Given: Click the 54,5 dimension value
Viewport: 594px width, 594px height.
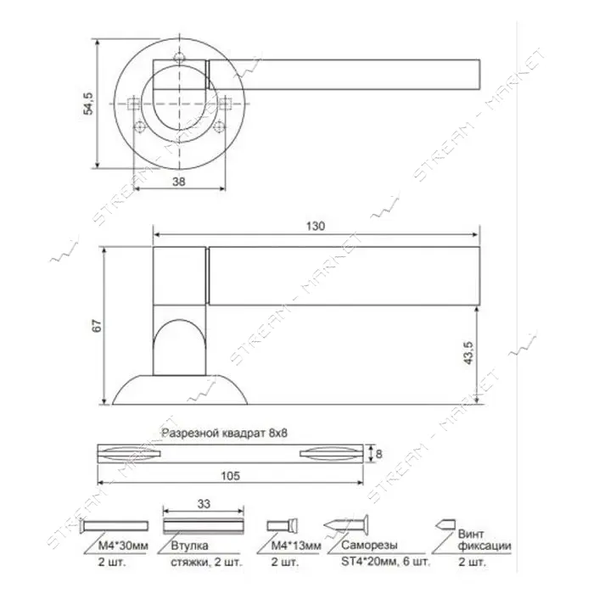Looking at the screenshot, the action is click(88, 104).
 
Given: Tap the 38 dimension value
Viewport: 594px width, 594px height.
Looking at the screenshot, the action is click(179, 182).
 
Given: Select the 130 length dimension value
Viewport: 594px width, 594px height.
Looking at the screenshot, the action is click(315, 227).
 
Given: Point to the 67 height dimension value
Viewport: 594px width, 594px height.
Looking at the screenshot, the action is click(97, 326).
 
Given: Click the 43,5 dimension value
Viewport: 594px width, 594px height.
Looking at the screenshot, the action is click(468, 353).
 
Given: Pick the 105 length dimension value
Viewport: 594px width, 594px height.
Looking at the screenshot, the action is click(230, 475).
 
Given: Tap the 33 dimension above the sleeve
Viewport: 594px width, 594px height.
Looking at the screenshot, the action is click(204, 504).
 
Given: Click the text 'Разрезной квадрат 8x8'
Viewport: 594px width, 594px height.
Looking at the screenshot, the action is click(224, 433).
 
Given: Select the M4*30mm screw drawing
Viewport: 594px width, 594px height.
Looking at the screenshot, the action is click(115, 526).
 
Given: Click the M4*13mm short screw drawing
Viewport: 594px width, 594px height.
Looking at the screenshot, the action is click(282, 525).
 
